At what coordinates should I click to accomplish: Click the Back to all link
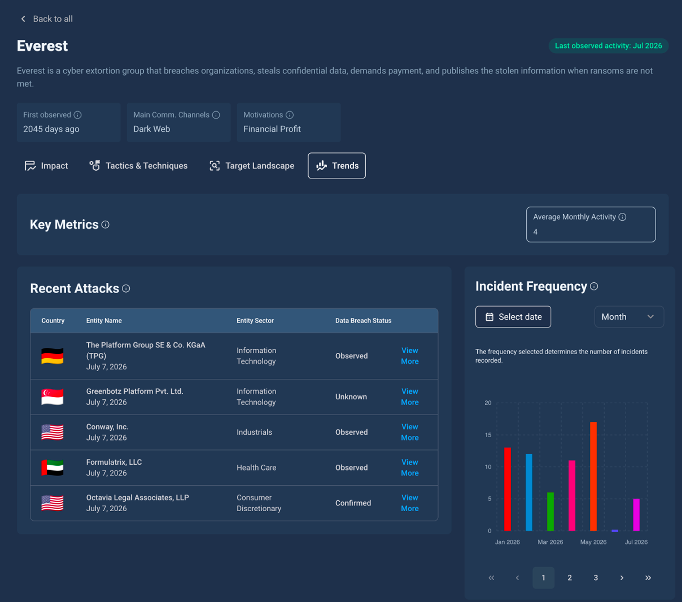coord(47,19)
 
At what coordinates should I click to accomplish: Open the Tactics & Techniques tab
coord(138,165)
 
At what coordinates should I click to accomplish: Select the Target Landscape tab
coord(252,165)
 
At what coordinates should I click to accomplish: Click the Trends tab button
coord(337,165)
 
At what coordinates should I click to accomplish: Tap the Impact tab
coord(46,165)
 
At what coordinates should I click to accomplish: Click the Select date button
coord(513,317)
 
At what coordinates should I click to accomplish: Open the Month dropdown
coord(629,317)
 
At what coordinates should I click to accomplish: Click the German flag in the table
coord(53,356)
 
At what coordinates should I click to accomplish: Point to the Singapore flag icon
coord(53,397)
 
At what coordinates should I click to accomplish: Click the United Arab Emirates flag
coord(53,468)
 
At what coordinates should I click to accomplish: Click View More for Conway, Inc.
coord(410,432)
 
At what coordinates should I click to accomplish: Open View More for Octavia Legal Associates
coord(410,503)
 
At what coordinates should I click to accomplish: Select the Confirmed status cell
coord(353,503)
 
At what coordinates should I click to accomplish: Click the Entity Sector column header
coord(255,320)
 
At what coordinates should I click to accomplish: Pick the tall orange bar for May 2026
coord(593,476)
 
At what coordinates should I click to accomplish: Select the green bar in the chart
coord(550,512)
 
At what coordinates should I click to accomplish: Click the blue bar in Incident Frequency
coord(529,492)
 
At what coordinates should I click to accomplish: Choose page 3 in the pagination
coord(596,578)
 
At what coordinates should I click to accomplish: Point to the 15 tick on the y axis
coord(488,435)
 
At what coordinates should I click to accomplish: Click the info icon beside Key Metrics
coord(106,224)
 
